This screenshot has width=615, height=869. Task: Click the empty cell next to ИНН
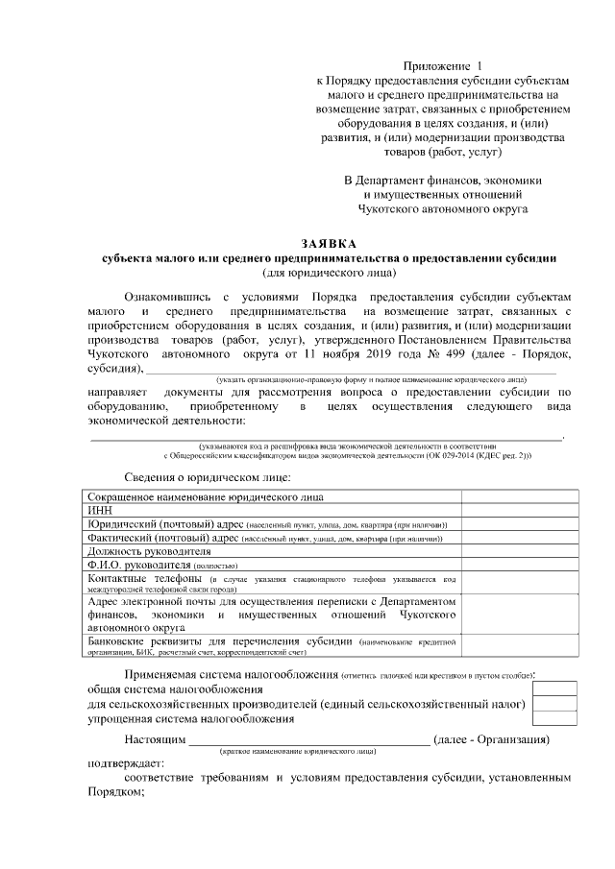click(519, 511)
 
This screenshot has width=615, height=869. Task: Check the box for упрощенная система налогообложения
click(555, 717)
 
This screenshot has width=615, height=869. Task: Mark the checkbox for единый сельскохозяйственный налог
click(555, 703)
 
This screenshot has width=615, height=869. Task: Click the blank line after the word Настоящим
click(308, 739)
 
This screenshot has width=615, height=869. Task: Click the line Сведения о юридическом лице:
click(208, 477)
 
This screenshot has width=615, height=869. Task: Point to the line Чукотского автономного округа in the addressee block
click(443, 206)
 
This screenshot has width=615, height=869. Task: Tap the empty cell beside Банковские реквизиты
click(519, 645)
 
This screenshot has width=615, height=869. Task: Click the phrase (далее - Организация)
click(492, 739)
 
